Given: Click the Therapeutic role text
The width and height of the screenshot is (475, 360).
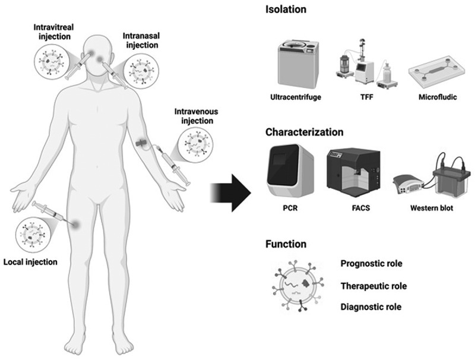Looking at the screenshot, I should coord(373,286).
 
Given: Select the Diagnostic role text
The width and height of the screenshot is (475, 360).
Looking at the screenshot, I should coord(371,307).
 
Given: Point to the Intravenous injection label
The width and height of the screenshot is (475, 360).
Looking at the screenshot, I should coord(197,116).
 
